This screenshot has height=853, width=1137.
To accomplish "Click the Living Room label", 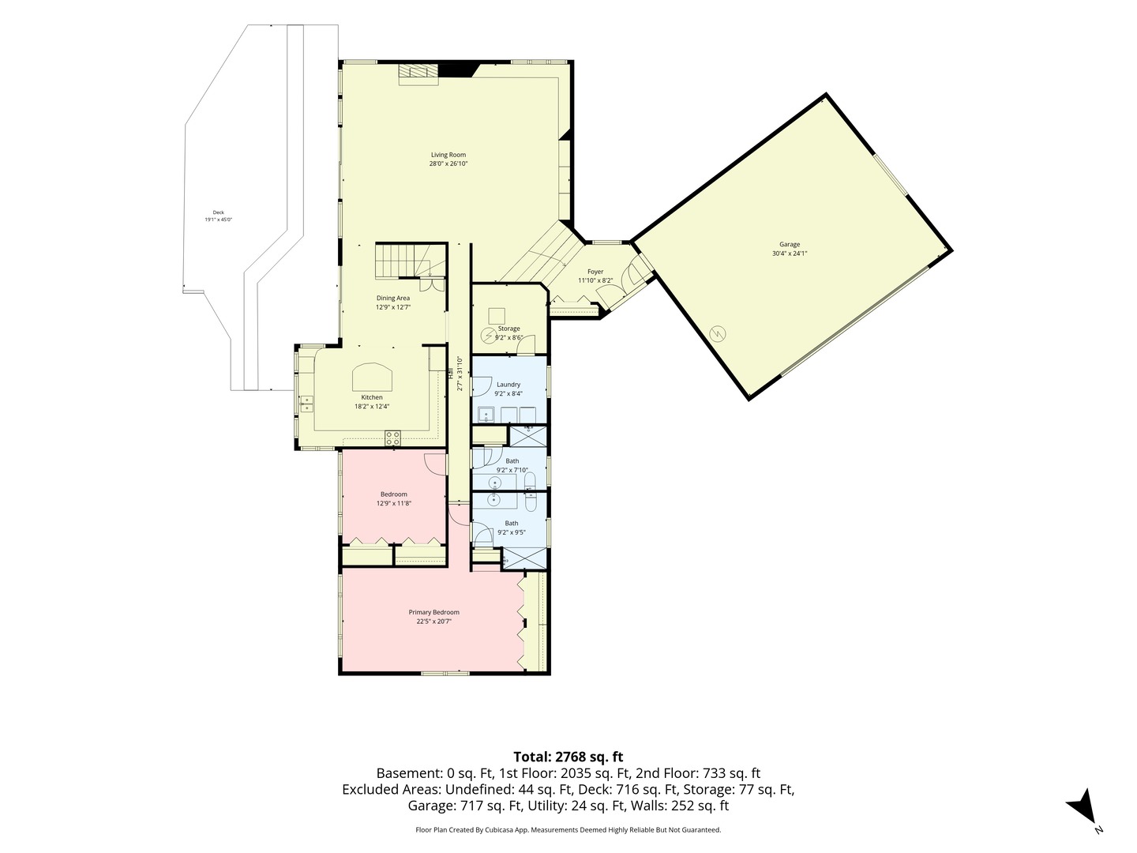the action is pos(448,154).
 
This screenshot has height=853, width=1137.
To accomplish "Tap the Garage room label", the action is pos(790,245).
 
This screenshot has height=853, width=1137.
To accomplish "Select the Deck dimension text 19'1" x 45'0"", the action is pos(218,220).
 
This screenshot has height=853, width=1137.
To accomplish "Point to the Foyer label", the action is pos(595,272).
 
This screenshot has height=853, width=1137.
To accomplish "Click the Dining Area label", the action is pos(392,298).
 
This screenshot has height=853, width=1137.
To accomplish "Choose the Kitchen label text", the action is pos(372,397).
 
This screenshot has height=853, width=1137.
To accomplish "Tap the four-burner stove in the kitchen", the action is pos(392,438).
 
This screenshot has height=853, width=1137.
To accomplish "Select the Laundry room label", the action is pos(508,385).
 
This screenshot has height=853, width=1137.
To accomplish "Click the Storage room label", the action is pos(508,329).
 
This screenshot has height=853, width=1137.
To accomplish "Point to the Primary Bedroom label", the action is pos(433,612).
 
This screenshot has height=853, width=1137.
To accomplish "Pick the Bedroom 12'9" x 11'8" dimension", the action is pos(394,503).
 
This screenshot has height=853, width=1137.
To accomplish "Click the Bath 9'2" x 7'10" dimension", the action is pos(512,470).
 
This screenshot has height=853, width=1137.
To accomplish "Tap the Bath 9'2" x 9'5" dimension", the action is pos(512,532).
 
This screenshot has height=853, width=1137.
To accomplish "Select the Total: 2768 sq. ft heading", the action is pos(568,757).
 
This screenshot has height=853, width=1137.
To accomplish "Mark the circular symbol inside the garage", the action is pos(718,333).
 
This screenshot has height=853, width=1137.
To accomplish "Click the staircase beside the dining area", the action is pos(411,261).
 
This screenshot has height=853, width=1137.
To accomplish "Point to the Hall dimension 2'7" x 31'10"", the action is pos(460,373).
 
